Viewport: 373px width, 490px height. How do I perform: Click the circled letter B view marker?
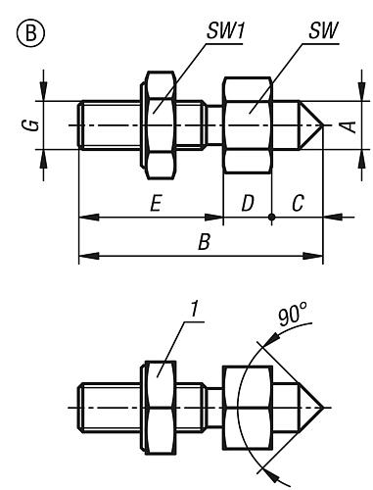pos(30,34)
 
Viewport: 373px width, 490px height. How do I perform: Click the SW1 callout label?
pos(225,31)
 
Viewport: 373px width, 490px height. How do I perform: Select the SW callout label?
pos(324,31)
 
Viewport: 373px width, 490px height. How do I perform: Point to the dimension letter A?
pos(350,126)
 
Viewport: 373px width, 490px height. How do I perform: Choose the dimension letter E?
pos(156,204)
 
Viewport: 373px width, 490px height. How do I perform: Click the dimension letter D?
pos(248,204)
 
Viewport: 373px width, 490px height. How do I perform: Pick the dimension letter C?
pos(298,204)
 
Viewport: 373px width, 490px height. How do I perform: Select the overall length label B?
pos(204,243)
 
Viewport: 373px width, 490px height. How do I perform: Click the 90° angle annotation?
pos(293,315)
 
